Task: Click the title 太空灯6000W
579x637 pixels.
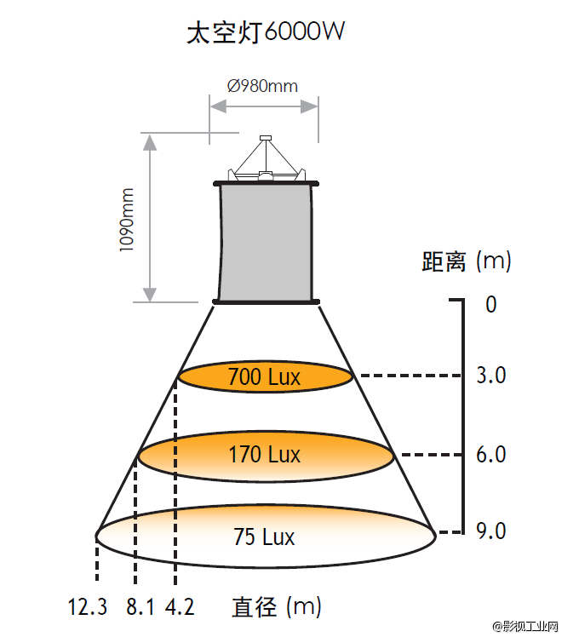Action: click(x=265, y=33)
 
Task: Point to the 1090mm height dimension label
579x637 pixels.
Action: click(x=127, y=218)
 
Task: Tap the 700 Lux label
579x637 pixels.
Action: click(x=264, y=376)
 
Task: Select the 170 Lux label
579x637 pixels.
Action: click(x=264, y=455)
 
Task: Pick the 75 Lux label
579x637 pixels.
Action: click(x=264, y=537)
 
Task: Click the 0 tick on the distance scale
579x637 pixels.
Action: click(x=490, y=304)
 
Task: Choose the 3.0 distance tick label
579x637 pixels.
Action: click(x=491, y=376)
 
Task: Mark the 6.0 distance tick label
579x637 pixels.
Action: click(x=491, y=455)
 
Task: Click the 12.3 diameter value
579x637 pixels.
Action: click(x=88, y=607)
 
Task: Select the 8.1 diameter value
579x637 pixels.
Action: click(x=140, y=607)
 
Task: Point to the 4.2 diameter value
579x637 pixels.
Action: click(x=180, y=607)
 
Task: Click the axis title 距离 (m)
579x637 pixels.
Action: click(x=467, y=261)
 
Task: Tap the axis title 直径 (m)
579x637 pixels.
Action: click(x=276, y=607)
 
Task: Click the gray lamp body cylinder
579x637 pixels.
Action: click(x=265, y=241)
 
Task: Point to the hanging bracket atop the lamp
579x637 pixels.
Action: click(x=267, y=160)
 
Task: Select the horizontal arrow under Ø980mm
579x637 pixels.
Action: click(x=264, y=106)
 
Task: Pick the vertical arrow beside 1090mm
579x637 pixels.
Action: click(x=151, y=217)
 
